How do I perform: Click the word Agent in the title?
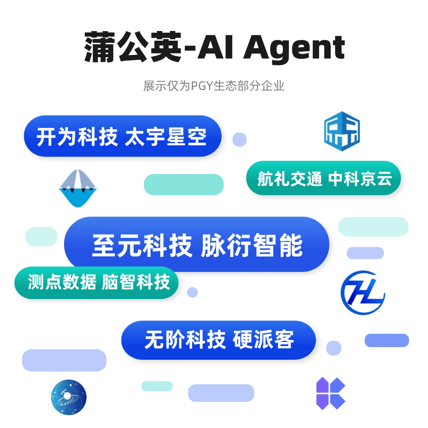point(294,49)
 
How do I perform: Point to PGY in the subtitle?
point(202,86)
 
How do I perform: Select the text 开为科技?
point(77,137)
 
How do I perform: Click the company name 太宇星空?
point(166,137)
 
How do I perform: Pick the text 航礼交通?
point(289,179)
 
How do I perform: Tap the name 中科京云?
point(360,179)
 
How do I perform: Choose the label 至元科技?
point(142,245)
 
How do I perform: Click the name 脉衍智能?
point(252,245)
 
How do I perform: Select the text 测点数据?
point(62,282)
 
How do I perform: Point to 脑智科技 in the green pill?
point(136,282)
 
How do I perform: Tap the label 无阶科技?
point(185,339)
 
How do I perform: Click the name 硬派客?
point(263,339)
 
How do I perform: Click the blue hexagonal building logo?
point(342,131)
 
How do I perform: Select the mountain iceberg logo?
point(78,188)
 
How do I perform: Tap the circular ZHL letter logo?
point(363,293)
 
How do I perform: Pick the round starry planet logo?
point(69,397)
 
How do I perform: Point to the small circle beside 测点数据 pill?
point(192,292)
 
